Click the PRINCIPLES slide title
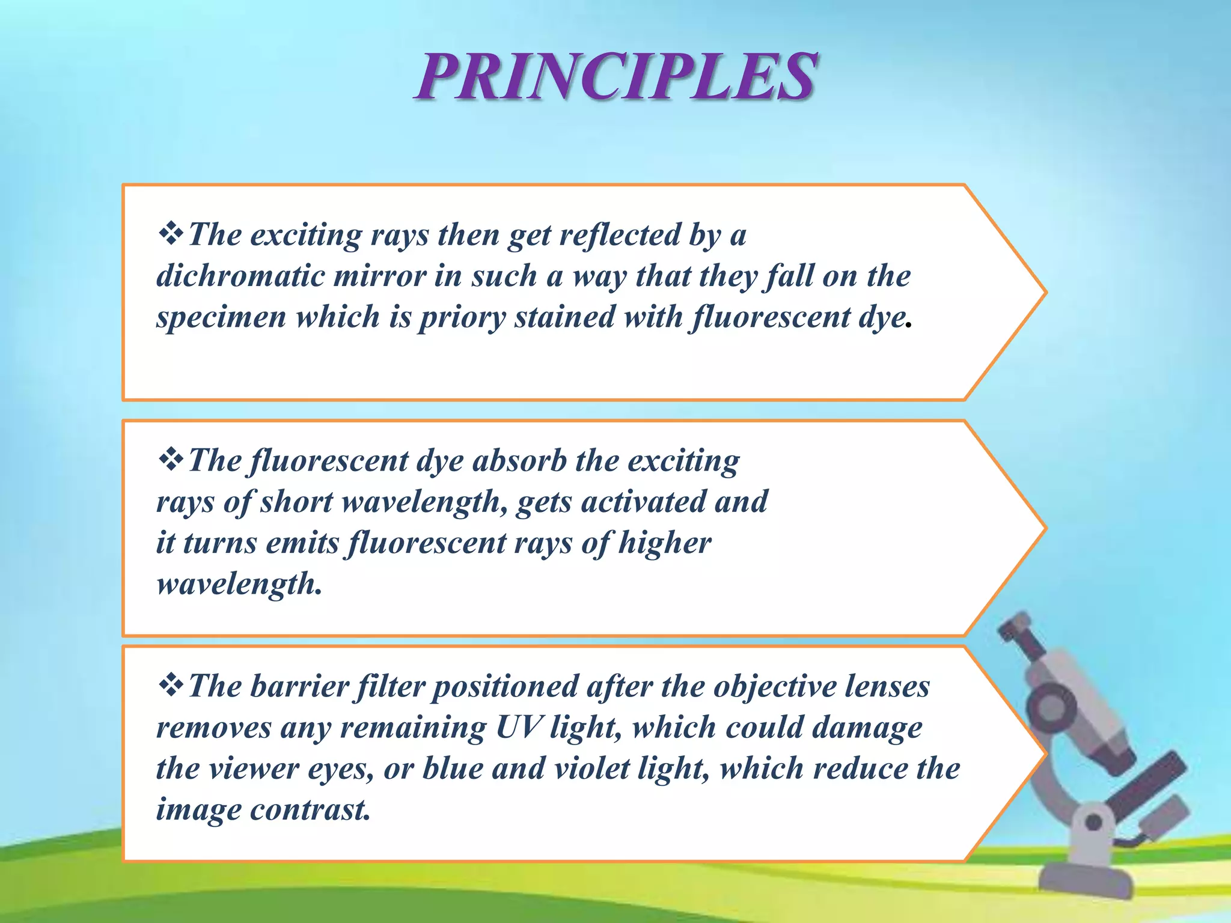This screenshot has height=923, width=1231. click(x=615, y=77)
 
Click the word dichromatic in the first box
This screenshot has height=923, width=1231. click(x=240, y=276)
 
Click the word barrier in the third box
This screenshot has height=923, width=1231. click(x=299, y=687)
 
